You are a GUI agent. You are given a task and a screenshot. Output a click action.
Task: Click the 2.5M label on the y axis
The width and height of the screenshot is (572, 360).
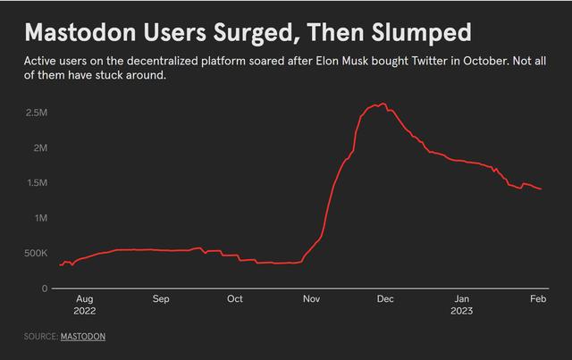[36, 113]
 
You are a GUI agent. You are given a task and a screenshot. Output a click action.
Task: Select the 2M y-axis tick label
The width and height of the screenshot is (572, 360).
[40, 147]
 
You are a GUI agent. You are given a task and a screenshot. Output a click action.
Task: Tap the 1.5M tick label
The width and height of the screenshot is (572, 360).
[36, 182]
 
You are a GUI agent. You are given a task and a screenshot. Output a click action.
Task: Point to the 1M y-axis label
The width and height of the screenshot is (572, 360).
[40, 218]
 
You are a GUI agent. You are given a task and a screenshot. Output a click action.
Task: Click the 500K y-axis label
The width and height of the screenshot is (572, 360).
[35, 253]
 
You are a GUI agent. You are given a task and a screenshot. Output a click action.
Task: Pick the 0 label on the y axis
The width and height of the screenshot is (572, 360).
[44, 288]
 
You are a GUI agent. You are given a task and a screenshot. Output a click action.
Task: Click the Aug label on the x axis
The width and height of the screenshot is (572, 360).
[85, 299]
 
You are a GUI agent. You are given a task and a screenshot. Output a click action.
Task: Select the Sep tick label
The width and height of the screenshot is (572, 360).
[161, 299]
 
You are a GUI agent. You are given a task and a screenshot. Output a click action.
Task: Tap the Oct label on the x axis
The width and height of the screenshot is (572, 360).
[234, 299]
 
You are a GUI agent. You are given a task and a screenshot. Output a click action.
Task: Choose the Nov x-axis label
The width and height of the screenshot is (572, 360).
[311, 299]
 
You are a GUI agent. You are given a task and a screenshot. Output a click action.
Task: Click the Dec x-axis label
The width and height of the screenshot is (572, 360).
[385, 299]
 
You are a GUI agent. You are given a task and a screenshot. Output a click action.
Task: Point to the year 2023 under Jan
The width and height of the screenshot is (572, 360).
[461, 312]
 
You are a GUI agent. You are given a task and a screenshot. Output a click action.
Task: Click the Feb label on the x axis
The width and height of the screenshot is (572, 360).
[537, 299]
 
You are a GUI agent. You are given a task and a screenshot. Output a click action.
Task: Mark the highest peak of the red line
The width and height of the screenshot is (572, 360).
[383, 104]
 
